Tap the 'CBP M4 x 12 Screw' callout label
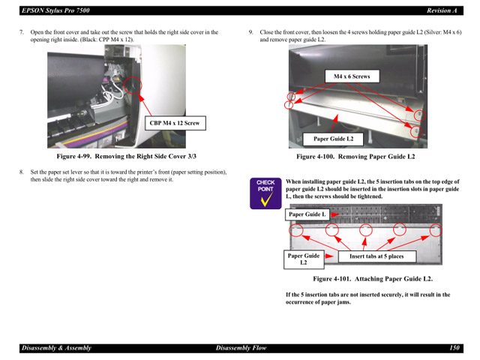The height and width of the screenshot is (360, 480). [x=174, y=122]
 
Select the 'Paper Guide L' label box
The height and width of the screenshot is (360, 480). [x=307, y=214]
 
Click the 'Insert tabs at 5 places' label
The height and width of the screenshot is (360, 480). [x=376, y=256]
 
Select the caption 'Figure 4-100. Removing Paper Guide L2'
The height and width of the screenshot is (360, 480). [x=355, y=157]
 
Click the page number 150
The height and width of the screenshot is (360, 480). [x=454, y=348]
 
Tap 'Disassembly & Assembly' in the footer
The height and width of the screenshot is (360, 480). [x=55, y=348]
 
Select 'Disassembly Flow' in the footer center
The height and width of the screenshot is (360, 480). [x=241, y=348]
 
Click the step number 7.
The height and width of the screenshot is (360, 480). [x=22, y=32]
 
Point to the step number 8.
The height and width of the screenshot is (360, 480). [x=22, y=172]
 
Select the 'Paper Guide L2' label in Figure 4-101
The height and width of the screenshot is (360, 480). [x=304, y=259]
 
